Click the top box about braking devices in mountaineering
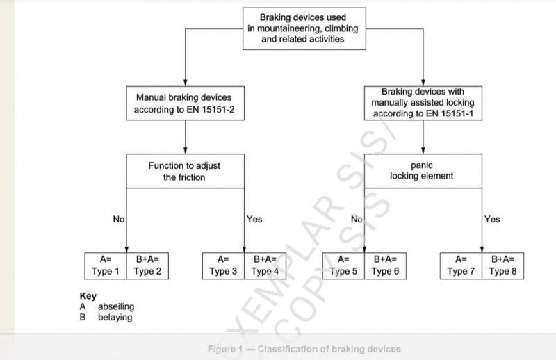[x=302, y=28]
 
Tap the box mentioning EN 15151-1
[x=423, y=102]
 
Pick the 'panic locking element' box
[x=423, y=171]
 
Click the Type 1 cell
[x=106, y=266]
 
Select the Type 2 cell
[x=148, y=266]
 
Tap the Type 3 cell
[x=224, y=266]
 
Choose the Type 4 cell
[x=265, y=266]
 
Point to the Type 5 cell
[x=344, y=266]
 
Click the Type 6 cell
[x=386, y=266]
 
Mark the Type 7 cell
[x=461, y=266]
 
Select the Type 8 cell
[x=503, y=266]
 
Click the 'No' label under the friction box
[x=119, y=219]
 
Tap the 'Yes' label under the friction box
[x=254, y=219]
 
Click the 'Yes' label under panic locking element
[x=492, y=219]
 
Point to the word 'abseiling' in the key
[x=115, y=306]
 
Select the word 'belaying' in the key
[x=115, y=317]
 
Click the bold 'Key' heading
[x=88, y=296]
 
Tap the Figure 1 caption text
[x=304, y=348]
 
